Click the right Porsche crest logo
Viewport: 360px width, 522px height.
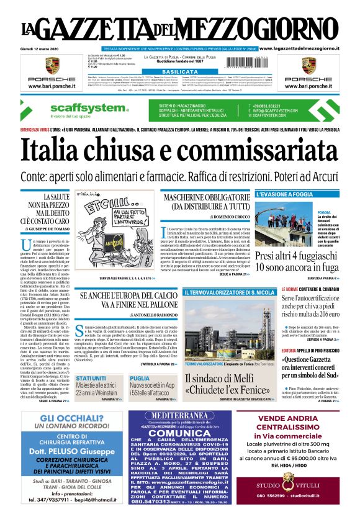point(308,65)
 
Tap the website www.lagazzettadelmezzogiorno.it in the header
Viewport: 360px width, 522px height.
point(307,48)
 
